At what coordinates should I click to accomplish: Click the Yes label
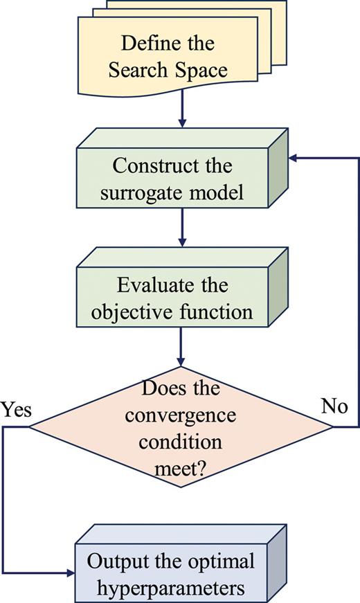[16, 410]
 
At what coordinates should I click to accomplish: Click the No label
[334, 406]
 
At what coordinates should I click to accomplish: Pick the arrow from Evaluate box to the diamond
[182, 346]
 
